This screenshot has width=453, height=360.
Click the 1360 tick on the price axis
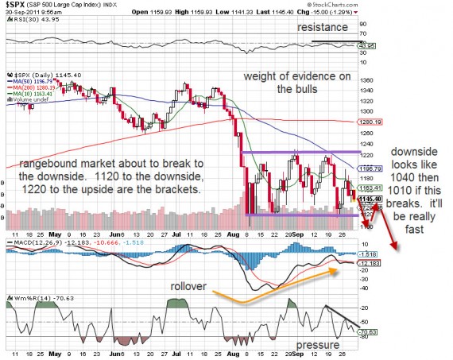click(366, 81)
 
